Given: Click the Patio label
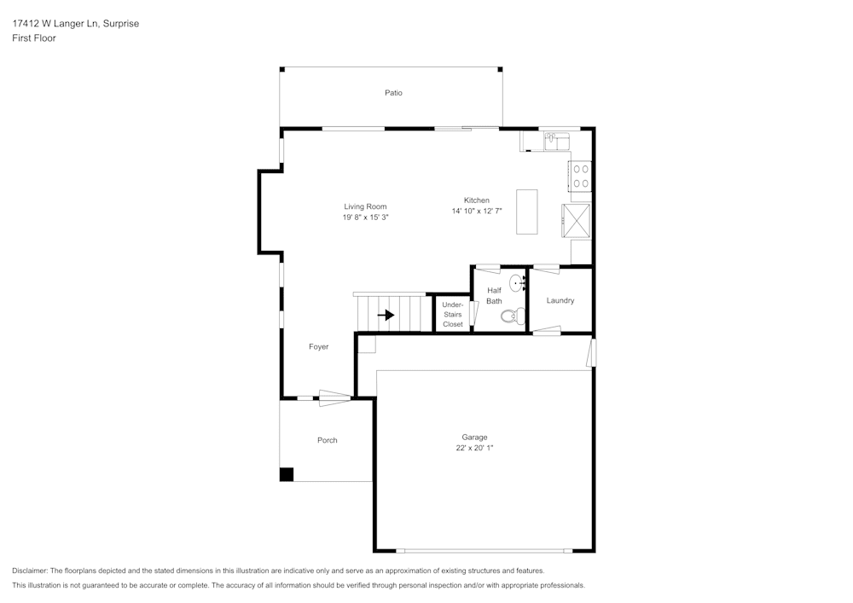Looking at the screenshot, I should tap(392, 92).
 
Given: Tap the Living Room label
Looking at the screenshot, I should tap(365, 206).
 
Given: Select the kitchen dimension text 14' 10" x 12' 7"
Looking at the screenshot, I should tap(477, 211).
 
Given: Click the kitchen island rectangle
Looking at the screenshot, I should tap(526, 212).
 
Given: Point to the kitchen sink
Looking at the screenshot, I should tap(555, 139).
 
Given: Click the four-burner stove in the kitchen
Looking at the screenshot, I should tap(581, 176).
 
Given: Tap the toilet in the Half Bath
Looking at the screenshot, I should tap(509, 316).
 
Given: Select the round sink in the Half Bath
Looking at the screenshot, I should tap(517, 282).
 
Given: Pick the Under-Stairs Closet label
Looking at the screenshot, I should tap(452, 314).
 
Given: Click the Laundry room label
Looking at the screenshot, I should tap(560, 300).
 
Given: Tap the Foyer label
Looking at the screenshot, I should tap(318, 346).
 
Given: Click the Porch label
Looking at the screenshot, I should tap(327, 440).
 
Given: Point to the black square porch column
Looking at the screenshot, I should tap(287, 474).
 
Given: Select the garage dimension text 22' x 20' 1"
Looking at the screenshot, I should tap(475, 448).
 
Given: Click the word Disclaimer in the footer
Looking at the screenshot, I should tap(30, 571).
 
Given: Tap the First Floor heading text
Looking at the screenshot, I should tap(34, 38).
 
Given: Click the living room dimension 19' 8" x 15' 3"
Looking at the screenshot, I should tap(365, 217).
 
